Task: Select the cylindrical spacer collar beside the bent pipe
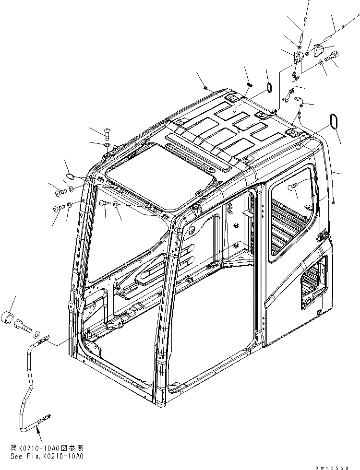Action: (12, 318)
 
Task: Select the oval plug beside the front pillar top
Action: (69, 176)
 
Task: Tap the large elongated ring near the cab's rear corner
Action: (332, 121)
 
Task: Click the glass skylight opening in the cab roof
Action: (158, 170)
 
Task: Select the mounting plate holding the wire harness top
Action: (299, 57)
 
